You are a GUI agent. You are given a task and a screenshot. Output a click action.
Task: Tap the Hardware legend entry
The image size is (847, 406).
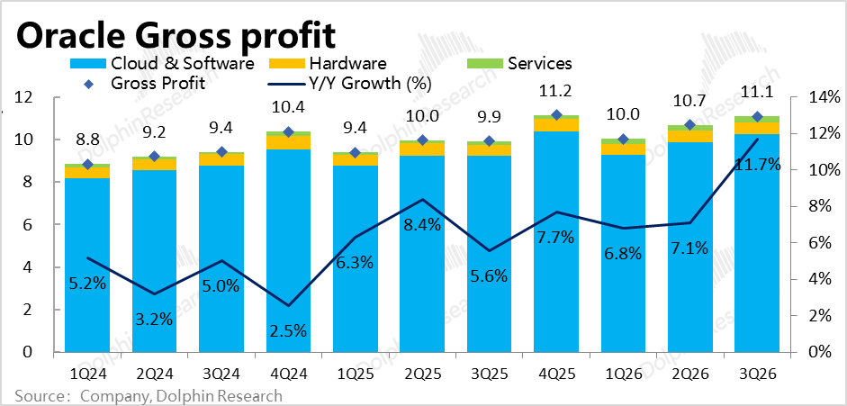(x=347, y=64)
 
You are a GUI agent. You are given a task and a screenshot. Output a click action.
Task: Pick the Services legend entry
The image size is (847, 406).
(x=539, y=64)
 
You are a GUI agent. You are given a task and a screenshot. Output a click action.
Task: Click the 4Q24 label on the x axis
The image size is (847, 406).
(x=288, y=372)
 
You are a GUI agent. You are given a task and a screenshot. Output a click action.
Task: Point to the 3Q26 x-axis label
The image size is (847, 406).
(x=758, y=372)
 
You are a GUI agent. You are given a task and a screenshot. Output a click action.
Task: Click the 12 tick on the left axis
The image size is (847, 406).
(x=25, y=97)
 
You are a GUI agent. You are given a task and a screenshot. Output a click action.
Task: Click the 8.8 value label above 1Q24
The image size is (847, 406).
(x=87, y=140)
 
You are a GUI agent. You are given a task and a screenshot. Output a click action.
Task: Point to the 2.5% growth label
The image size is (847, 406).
(x=288, y=329)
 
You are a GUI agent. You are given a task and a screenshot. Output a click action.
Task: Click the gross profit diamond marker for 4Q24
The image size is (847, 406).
(x=288, y=132)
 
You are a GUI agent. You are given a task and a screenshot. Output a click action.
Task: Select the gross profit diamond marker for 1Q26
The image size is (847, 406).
(x=624, y=140)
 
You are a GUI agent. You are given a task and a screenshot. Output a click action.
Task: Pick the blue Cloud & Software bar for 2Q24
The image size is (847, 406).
(x=154, y=261)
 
